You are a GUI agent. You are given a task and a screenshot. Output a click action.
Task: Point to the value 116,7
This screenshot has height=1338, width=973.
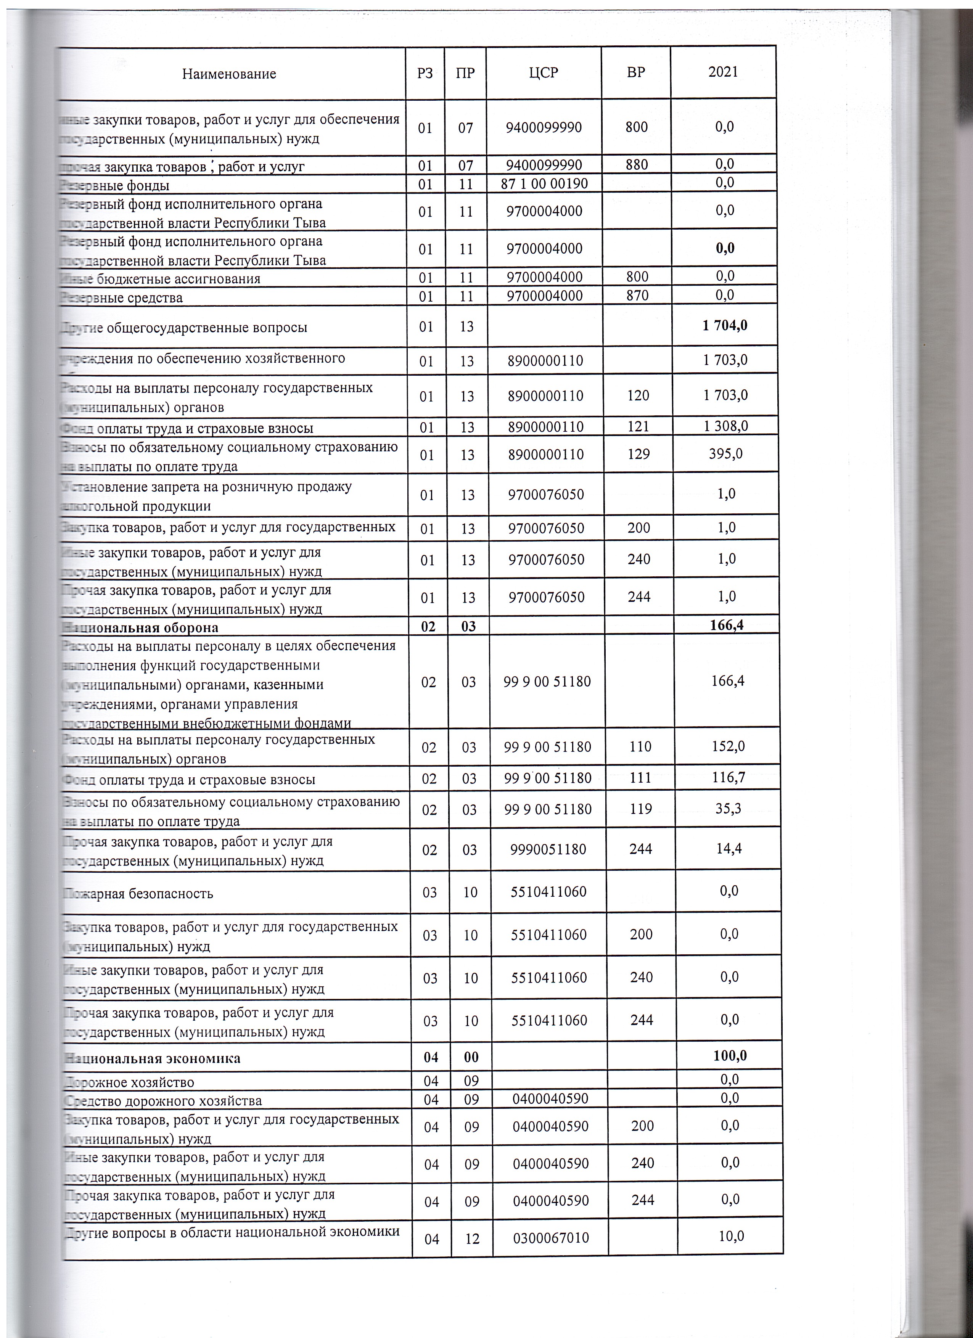click(x=729, y=778)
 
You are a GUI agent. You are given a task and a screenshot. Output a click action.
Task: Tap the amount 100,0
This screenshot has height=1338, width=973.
click(x=730, y=1055)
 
